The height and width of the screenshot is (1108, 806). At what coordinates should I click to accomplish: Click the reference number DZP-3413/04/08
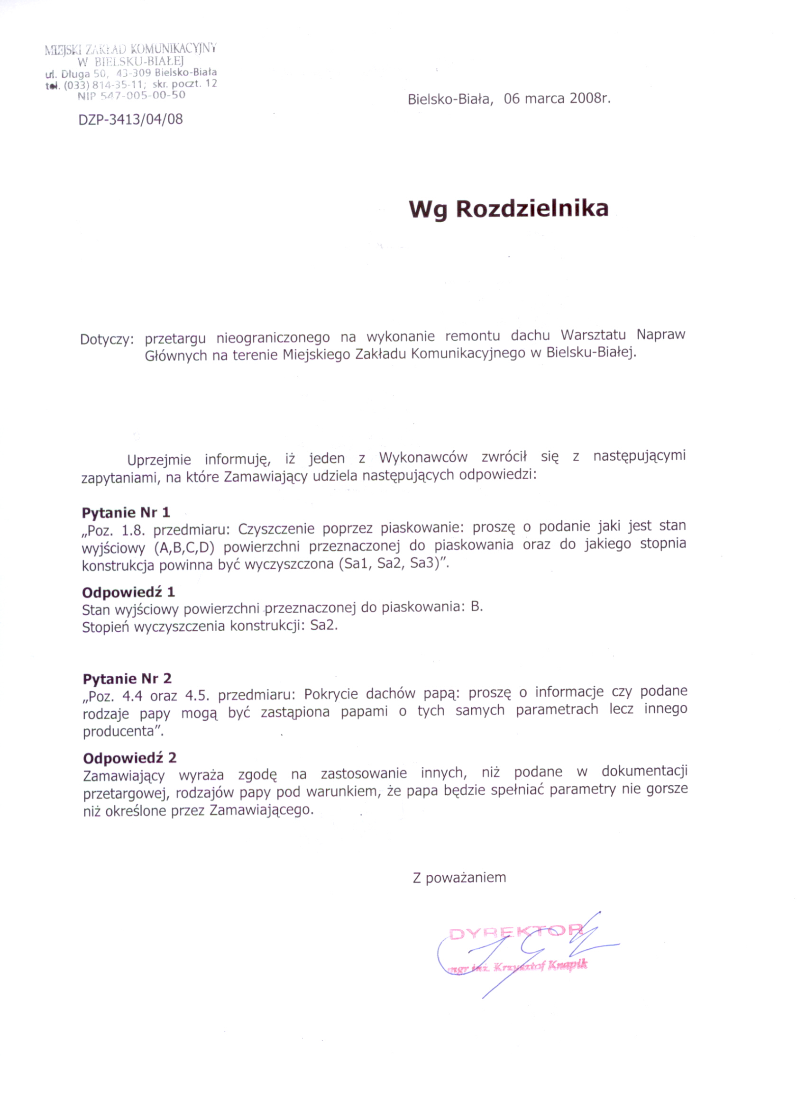130,119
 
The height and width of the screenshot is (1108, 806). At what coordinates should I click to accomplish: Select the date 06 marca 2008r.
557,99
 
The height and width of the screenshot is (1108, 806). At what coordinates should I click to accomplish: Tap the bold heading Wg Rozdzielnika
508,209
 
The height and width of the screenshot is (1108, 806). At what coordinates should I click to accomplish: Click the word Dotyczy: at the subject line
107,339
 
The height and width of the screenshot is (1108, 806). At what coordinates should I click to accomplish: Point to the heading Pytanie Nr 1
126,512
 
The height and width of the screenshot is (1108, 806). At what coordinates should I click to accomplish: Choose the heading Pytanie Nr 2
127,679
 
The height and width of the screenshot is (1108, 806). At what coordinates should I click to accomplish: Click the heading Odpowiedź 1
128,592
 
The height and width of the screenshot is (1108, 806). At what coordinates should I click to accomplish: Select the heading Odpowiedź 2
129,758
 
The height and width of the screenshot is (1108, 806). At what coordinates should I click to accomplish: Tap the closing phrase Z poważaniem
459,878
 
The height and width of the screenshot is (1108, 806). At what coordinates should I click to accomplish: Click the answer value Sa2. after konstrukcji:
323,626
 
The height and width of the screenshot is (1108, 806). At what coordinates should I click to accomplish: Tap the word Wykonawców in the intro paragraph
423,458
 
